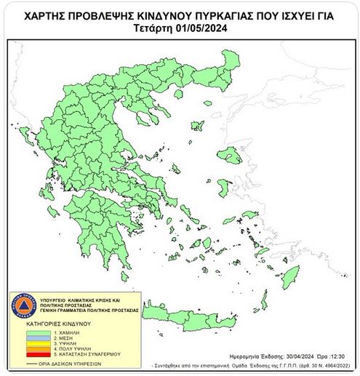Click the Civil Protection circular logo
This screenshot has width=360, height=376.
tap(25, 305)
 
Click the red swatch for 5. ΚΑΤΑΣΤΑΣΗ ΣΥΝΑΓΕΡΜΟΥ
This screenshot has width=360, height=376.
tap(39, 353)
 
